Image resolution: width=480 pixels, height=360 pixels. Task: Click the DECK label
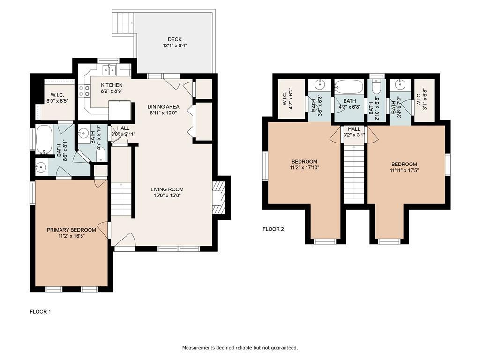[x=175, y=39]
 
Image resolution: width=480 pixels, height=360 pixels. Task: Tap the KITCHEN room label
[x=112, y=85]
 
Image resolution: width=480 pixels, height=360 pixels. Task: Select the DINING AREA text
[x=164, y=107]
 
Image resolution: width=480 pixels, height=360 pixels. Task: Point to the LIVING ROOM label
[x=167, y=189]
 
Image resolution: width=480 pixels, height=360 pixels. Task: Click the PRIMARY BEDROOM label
[x=71, y=230]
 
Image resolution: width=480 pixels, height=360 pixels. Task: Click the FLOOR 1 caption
[x=40, y=312]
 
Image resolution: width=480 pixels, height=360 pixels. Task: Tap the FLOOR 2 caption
[x=273, y=229]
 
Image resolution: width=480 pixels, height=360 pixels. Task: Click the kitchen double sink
[x=109, y=70]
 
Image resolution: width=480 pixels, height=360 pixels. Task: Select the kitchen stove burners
[x=85, y=90]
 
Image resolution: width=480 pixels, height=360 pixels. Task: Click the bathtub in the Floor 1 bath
[x=45, y=140]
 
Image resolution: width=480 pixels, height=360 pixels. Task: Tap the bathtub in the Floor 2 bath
[x=349, y=87]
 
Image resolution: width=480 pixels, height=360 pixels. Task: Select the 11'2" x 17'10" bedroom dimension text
[x=305, y=167]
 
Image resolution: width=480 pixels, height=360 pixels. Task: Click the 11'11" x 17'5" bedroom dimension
[x=404, y=170]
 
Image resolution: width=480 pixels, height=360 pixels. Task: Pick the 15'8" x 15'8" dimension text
[x=167, y=195]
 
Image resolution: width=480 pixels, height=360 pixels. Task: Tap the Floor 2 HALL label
[x=354, y=129]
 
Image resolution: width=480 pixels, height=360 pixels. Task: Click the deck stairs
[x=124, y=23]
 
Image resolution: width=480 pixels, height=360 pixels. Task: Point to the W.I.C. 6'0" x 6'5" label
[x=58, y=97]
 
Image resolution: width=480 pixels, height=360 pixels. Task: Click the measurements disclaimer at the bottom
[x=240, y=348]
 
